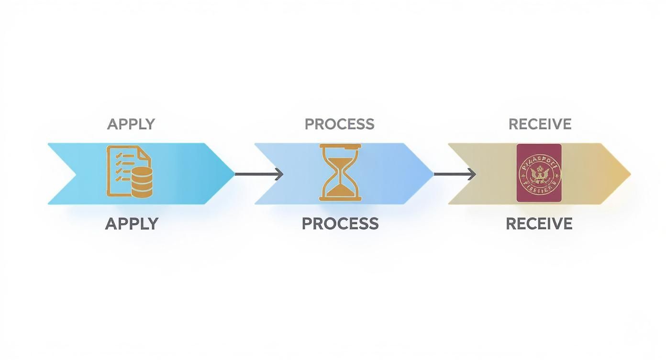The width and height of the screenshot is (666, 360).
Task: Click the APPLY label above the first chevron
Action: coord(131,124)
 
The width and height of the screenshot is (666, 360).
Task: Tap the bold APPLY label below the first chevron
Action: coord(132,224)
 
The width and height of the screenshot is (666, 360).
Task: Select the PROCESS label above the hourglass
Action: coord(339,124)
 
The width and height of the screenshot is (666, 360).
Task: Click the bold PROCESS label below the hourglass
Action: coord(340,224)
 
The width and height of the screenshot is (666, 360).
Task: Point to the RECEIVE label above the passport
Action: coord(540,124)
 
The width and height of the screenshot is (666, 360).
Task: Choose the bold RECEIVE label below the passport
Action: coord(539,224)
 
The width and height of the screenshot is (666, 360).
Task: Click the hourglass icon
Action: coord(341,173)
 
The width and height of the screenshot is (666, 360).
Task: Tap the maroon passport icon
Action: coord(539,173)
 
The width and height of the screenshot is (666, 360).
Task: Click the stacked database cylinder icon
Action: coord(142,183)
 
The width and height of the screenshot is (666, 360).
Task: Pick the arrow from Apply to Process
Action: coord(258,174)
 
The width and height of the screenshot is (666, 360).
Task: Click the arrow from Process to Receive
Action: coord(454,174)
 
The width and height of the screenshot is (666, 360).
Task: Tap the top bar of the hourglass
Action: coord(341,146)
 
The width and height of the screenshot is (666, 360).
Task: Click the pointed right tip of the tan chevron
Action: coord(630,174)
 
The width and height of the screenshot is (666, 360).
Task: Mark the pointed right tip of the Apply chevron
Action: coord(234,174)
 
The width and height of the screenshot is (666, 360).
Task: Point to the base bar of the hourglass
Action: coord(341,199)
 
